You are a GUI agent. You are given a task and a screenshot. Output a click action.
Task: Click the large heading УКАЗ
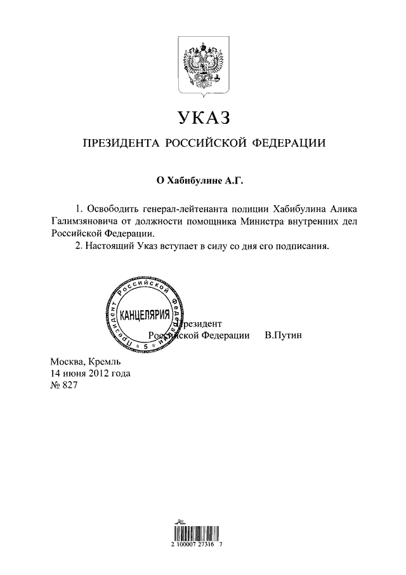click(x=203, y=119)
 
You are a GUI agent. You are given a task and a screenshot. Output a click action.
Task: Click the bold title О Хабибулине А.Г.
click(x=200, y=180)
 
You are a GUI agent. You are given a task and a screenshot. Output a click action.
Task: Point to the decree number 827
click(x=69, y=386)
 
